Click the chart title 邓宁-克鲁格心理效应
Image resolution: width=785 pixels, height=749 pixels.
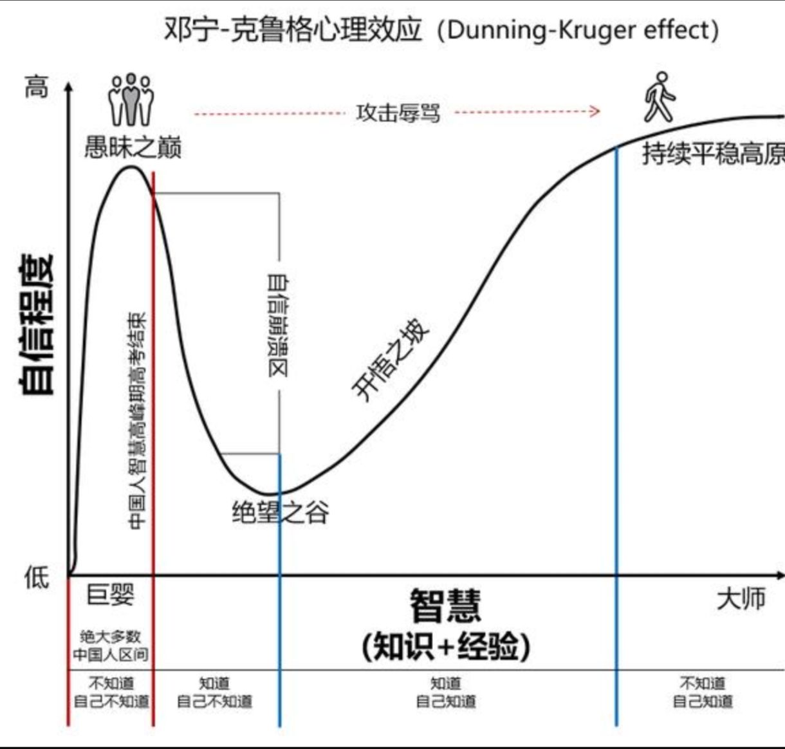(293, 30)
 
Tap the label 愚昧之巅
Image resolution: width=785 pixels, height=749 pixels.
(133, 147)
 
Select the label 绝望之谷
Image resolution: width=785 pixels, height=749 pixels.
(281, 513)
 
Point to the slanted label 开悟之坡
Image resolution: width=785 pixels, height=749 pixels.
(391, 360)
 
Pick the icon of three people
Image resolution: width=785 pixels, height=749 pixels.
(131, 100)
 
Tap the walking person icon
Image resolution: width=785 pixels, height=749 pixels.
(660, 97)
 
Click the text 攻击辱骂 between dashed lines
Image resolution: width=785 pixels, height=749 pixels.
(398, 113)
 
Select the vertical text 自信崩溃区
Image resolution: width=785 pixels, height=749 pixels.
(278, 325)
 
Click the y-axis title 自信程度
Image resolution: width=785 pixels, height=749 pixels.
(37, 325)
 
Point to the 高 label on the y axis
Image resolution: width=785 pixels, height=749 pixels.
(36, 86)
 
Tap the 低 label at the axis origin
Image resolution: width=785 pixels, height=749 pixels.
(36, 577)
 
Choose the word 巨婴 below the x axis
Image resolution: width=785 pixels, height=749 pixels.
(111, 595)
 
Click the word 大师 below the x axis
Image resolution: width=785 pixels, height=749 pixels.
(741, 598)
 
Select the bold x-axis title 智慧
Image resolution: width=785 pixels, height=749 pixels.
(445, 606)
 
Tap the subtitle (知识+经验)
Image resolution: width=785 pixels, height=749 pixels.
(446, 646)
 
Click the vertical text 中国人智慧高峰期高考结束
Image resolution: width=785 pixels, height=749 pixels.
(137, 421)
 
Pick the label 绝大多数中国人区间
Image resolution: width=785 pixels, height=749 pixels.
(110, 645)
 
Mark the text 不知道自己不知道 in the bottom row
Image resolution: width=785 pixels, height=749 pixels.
(111, 692)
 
